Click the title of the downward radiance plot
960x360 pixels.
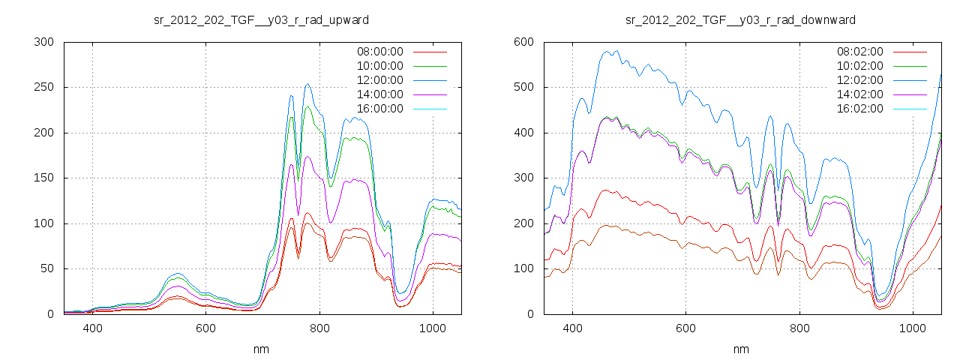point(740,19)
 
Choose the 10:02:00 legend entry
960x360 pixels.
point(859,66)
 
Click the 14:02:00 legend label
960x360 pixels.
point(859,94)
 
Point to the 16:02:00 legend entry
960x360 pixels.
point(859,109)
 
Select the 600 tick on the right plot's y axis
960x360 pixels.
point(523,42)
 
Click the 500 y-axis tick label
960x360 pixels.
point(523,88)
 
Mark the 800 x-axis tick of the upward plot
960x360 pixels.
point(319,328)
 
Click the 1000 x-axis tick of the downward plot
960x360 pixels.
point(912,328)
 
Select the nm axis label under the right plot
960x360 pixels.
point(740,349)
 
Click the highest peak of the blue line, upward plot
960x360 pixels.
point(307,84)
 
